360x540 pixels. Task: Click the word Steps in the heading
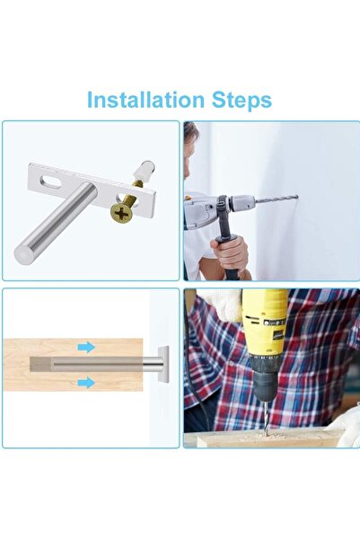coord(240,99)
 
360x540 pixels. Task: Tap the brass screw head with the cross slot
coord(121,212)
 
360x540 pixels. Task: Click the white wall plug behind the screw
coord(143,174)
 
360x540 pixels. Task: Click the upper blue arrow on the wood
coord(85,347)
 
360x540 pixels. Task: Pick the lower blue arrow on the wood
coord(85,383)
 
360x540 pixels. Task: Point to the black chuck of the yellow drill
coord(264,388)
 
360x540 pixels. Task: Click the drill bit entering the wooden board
coord(267,421)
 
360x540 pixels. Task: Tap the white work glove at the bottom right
coord(347,422)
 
